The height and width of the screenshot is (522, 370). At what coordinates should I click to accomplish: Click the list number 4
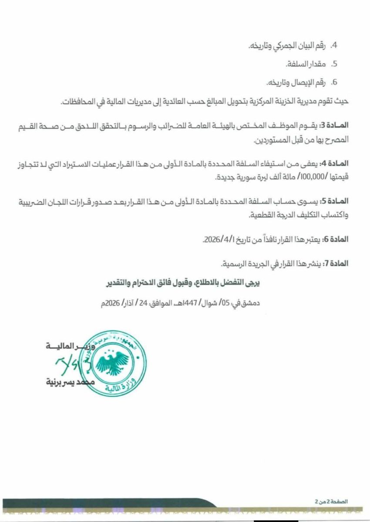tap(335, 45)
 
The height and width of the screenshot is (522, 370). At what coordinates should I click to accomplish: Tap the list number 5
tap(335, 64)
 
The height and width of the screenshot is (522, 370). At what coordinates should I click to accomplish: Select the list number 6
tap(335, 82)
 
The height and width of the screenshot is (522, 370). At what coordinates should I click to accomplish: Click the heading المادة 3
tap(337, 125)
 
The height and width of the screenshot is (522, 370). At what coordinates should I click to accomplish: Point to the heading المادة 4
tap(337, 164)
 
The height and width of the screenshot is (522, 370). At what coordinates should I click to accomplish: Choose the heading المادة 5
tap(337, 201)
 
